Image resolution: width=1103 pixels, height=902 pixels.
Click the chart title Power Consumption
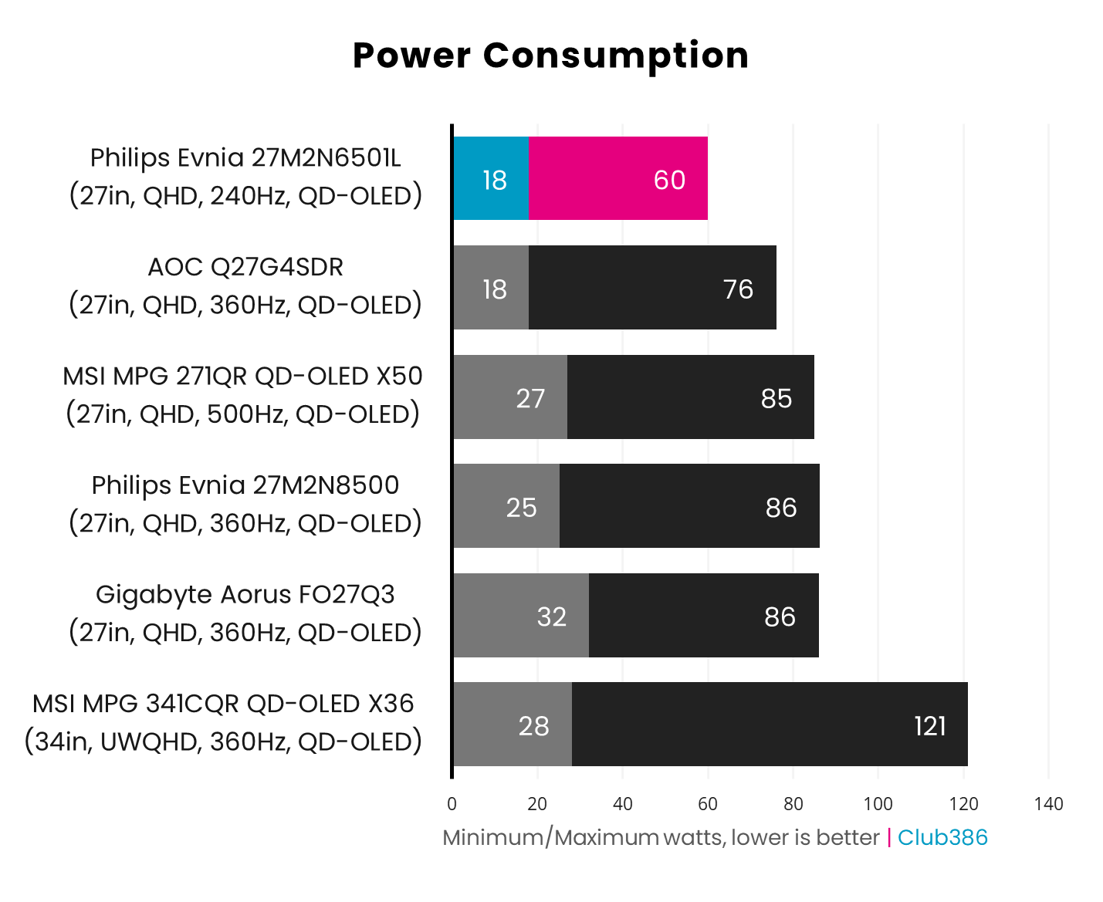pos(550,56)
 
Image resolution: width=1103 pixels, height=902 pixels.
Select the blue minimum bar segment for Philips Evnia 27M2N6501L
pos(491,179)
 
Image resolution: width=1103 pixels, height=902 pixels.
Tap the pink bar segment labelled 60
pos(618,179)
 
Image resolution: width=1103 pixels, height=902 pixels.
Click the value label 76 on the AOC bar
pos(738,289)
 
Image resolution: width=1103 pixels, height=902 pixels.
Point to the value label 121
pos(929,726)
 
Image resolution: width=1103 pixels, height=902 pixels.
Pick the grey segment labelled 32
pos(521,616)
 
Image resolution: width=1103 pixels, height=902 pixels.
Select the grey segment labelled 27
pos(510,397)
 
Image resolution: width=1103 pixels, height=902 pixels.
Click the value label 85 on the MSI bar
pos(776,398)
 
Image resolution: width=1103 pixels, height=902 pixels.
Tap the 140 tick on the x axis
pos(1048,804)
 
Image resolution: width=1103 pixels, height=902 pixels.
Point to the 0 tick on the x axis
pos(452,804)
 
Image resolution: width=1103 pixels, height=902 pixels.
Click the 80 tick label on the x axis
pos(793,804)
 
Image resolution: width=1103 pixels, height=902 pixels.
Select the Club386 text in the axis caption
pos(942,838)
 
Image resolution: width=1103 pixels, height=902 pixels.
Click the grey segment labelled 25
pos(506,506)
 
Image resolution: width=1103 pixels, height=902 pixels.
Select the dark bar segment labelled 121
pos(769,725)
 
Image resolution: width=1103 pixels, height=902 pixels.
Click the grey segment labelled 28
pos(513,725)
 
